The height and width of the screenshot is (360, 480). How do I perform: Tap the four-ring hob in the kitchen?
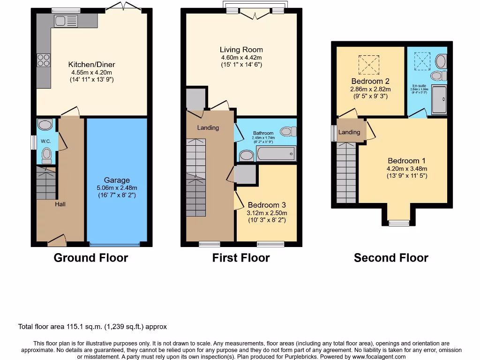pos(44,60)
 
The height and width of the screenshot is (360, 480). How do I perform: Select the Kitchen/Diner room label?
pos(91,65)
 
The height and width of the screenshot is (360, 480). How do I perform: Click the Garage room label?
pos(117,180)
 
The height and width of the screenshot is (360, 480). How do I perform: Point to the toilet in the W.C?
pos(46,154)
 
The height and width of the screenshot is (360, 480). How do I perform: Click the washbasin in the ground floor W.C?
pos(45,125)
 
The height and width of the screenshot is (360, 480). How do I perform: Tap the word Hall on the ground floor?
pos(60,204)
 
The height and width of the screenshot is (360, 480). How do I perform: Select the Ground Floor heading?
pos(91,258)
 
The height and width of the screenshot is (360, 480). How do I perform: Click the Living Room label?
pos(241,50)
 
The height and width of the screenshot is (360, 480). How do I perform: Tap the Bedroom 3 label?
pos(267,205)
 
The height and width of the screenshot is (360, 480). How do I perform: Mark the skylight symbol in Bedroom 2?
pos(368,64)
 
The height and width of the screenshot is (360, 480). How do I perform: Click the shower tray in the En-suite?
pos(439,100)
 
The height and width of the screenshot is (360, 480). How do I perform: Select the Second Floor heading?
pos(391,258)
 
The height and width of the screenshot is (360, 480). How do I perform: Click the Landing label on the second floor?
pos(349,132)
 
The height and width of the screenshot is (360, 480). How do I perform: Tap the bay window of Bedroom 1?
pos(399,223)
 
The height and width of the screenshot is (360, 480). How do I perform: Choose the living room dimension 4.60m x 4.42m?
pos(241,57)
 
